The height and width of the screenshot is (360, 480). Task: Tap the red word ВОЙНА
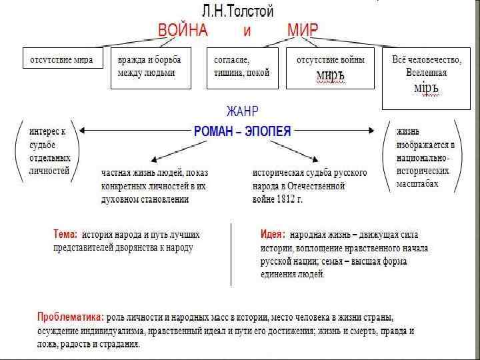(183, 31)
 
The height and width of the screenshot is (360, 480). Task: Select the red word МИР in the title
(303, 31)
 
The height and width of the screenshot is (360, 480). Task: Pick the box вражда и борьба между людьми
(149, 67)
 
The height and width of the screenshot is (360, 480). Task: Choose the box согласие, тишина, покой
(241, 67)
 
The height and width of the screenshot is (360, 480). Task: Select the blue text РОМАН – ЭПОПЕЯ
(242, 131)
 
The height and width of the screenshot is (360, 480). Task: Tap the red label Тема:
(65, 235)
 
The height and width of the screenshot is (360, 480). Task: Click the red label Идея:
(273, 235)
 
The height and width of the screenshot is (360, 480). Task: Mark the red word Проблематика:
(71, 316)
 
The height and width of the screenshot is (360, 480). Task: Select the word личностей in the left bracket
(49, 171)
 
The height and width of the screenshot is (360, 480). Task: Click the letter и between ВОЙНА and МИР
(246, 31)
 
